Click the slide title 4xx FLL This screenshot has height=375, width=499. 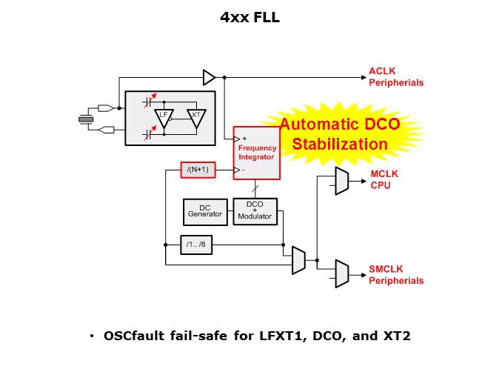tap(249, 18)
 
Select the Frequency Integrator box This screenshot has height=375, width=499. tap(257, 153)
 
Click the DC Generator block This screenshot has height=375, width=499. tap(205, 211)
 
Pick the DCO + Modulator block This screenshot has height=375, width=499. tap(255, 211)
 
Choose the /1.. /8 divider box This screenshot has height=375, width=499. tap(198, 244)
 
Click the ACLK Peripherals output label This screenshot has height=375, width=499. tap(396, 77)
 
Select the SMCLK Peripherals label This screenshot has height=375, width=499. tap(396, 275)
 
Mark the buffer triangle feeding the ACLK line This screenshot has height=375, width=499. tap(209, 77)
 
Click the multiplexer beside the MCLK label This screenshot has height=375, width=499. tap(341, 180)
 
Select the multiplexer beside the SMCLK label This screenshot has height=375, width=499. tap(341, 273)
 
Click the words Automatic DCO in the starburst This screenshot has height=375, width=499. tap(340, 126)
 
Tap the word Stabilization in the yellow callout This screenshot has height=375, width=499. tap(340, 144)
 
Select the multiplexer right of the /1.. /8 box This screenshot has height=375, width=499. tap(298, 259)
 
